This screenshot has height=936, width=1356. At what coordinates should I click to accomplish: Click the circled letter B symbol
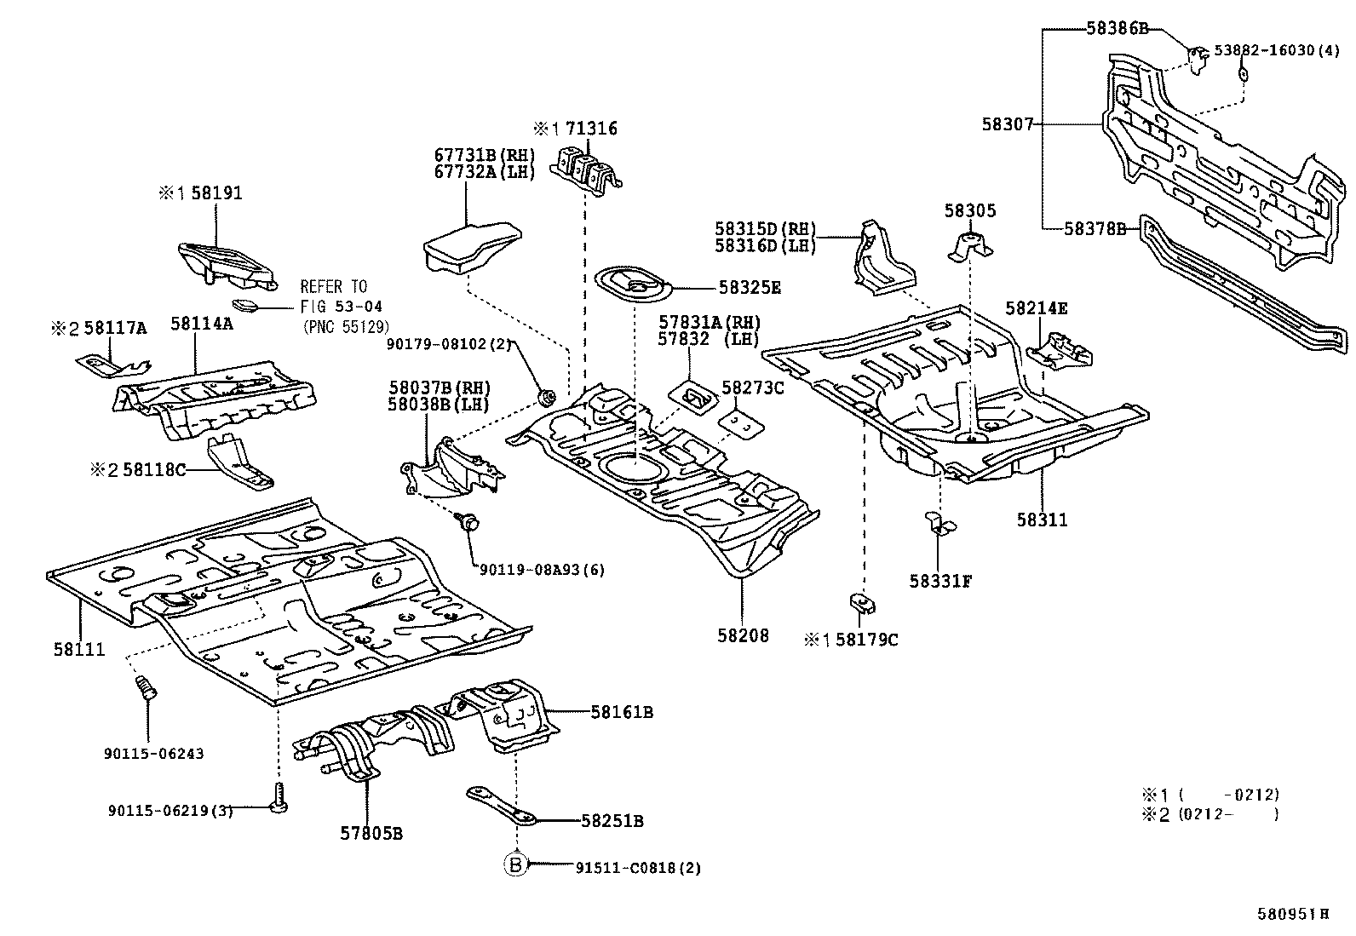(x=515, y=865)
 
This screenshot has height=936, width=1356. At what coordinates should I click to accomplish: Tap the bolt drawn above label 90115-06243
(x=146, y=688)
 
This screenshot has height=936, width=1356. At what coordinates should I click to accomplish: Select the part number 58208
(x=743, y=635)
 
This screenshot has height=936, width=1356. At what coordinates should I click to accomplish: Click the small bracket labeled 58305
(x=970, y=246)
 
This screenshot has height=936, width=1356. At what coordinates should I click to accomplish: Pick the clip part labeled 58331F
(x=938, y=523)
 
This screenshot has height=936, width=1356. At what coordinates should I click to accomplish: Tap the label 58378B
(x=1095, y=228)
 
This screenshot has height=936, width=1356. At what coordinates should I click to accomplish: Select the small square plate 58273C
(x=739, y=423)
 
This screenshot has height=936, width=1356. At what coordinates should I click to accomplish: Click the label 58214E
(x=1036, y=308)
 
